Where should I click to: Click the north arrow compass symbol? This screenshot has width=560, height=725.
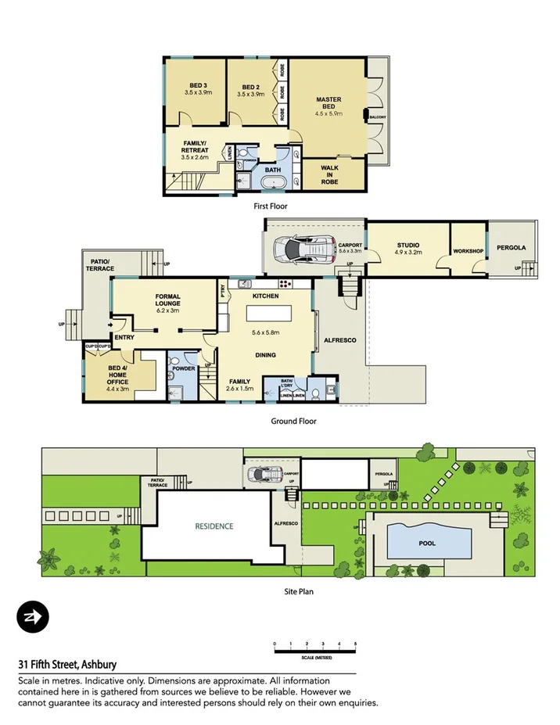pos(33,618)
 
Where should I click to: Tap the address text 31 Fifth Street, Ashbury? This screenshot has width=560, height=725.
pos(68,664)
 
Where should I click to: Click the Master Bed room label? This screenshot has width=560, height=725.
pos(328,104)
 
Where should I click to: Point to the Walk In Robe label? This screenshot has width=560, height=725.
pos(329,175)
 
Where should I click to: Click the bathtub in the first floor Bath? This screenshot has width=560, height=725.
pos(273,184)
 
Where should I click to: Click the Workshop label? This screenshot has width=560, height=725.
pos(468,251)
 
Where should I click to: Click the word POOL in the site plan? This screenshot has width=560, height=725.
pos(427,543)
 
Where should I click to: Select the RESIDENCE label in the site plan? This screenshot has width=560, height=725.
pos(214,526)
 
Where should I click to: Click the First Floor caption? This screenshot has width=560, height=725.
pos(271,206)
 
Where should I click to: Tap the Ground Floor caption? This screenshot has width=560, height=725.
pos(293,421)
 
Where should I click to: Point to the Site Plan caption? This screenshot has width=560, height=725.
pos(298,591)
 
